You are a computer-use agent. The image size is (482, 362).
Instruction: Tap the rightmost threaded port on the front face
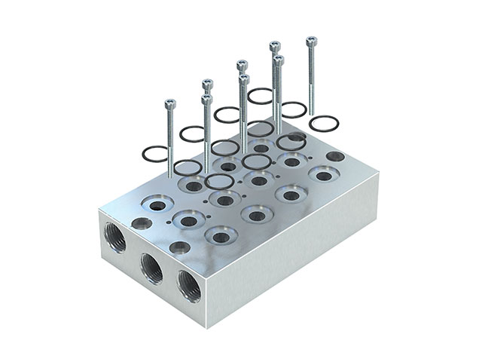(x=188, y=287)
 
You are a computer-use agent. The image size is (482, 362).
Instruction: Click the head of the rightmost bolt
(x=310, y=39)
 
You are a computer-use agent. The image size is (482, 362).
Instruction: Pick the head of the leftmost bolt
(x=170, y=104)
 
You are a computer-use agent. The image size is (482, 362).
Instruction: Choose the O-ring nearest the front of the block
(x=219, y=181)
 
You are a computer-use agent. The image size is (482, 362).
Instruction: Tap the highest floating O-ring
(x=261, y=95)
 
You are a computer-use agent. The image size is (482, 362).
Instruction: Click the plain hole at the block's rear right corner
(x=335, y=157)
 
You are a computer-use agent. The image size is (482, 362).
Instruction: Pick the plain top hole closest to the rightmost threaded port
(x=179, y=247)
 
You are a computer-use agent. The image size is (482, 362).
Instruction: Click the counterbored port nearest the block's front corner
(x=221, y=236)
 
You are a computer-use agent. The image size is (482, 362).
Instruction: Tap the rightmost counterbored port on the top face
(x=323, y=175)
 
